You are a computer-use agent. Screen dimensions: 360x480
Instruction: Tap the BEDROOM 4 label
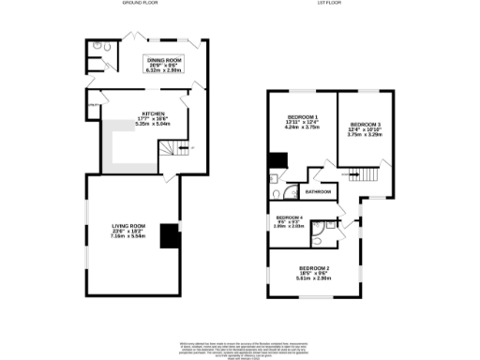coord(287,216)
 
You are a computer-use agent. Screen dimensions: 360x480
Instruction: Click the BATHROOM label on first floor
coord(318,191)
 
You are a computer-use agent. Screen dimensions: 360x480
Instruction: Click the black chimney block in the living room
coord(170,235)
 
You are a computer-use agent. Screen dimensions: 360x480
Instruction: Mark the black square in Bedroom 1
coord(277,160)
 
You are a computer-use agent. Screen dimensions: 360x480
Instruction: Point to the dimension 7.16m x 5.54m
coord(130,236)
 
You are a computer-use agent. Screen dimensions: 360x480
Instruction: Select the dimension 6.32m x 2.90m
coord(155,70)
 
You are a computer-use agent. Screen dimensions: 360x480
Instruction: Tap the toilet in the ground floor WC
coord(101,46)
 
